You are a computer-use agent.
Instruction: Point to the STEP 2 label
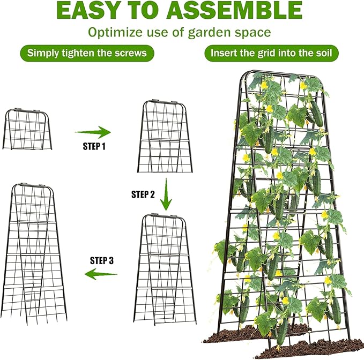click(x=143, y=194)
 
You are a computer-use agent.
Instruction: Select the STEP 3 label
click(x=102, y=261)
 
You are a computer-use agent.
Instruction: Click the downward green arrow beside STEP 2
click(x=167, y=194)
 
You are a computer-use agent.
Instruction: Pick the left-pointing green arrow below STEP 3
click(x=102, y=275)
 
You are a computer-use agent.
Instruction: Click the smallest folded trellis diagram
click(x=28, y=129)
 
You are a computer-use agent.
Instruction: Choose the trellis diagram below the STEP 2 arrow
click(x=165, y=268)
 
